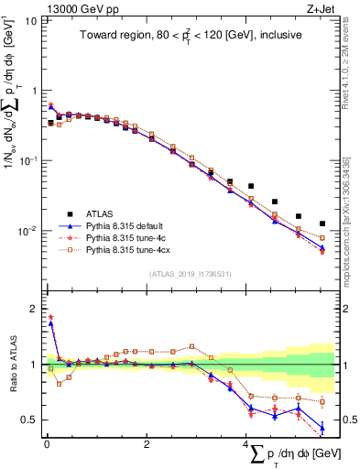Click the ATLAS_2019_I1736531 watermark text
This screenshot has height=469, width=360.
189,274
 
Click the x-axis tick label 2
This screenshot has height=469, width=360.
147,445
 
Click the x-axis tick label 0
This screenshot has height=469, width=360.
47,445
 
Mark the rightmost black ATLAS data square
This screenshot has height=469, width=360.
322,224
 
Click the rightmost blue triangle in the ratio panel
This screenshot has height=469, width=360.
322,427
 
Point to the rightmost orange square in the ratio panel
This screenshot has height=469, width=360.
322,401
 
